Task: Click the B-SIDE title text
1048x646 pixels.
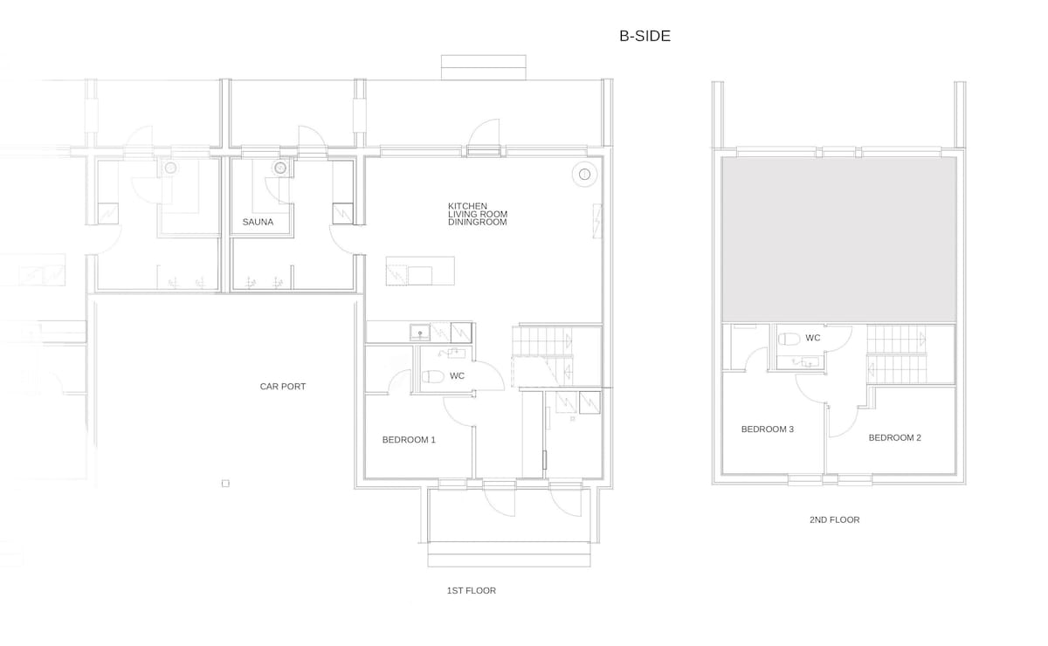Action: (645, 36)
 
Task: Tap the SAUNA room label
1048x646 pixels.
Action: (258, 222)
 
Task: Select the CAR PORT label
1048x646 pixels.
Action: (283, 387)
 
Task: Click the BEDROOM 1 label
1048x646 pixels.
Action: (409, 440)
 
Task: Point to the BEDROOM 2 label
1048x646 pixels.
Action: (894, 437)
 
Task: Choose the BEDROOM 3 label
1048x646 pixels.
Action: (768, 429)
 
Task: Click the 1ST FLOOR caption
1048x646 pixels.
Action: (471, 590)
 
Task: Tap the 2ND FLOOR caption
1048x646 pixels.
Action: (834, 519)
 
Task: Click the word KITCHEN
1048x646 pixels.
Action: (467, 206)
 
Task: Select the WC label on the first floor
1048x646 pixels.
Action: (457, 375)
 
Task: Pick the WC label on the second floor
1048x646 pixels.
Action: (813, 338)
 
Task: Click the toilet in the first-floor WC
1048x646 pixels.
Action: (433, 376)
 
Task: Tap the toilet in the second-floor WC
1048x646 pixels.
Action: (789, 339)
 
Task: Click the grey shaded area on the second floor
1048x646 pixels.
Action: (838, 239)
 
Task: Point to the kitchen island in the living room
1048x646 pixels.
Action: (420, 271)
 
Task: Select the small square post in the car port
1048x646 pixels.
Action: (225, 484)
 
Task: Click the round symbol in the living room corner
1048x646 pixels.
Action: (584, 175)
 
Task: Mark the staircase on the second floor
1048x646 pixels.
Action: (896, 354)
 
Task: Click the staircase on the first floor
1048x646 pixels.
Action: (542, 356)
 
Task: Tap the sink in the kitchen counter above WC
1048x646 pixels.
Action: (420, 333)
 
